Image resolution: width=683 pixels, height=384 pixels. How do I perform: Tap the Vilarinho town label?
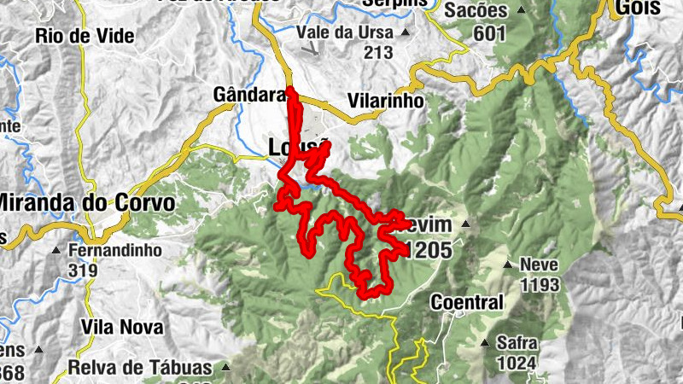coord(386,100)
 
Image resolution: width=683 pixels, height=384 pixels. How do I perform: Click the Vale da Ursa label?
coord(345,32)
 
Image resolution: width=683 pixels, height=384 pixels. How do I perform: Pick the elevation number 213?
coord(377,52)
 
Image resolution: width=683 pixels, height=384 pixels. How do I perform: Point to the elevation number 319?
coord(82,271)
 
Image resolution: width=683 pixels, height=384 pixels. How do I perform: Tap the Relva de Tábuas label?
coord(140,369)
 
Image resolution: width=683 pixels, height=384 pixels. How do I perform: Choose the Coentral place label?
coord(467,302)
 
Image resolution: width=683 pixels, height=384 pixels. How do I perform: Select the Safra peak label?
coord(517,344)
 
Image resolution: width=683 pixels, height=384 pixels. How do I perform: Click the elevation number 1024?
coord(517,364)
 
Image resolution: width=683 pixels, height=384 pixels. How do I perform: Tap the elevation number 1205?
coord(430,251)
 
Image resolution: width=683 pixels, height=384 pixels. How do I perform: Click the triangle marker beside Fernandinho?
coord(55,252)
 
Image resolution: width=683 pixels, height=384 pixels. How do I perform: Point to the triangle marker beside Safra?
coord(486,343)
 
